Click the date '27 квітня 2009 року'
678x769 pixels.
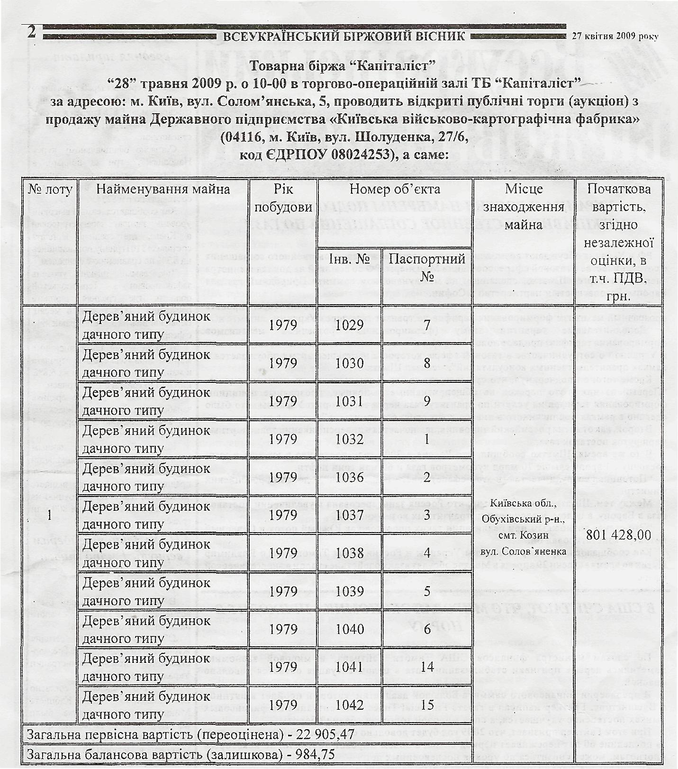pyautogui.click(x=615, y=36)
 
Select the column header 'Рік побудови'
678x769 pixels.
pyautogui.click(x=283, y=198)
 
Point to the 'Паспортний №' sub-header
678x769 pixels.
pyautogui.click(x=427, y=266)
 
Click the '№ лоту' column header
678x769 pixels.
pyautogui.click(x=50, y=190)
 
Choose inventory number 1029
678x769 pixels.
pyautogui.click(x=349, y=325)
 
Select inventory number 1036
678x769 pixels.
pyautogui.click(x=349, y=477)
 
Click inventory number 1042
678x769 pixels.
pyautogui.click(x=349, y=705)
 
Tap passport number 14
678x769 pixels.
pyautogui.click(x=427, y=667)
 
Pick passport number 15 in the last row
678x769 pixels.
pyautogui.click(x=427, y=705)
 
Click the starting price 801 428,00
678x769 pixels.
pyautogui.click(x=619, y=535)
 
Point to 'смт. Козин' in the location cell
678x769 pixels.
pyautogui.click(x=523, y=535)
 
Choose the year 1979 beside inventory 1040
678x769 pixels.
pyautogui.click(x=283, y=629)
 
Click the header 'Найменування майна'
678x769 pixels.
pyautogui.click(x=163, y=190)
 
